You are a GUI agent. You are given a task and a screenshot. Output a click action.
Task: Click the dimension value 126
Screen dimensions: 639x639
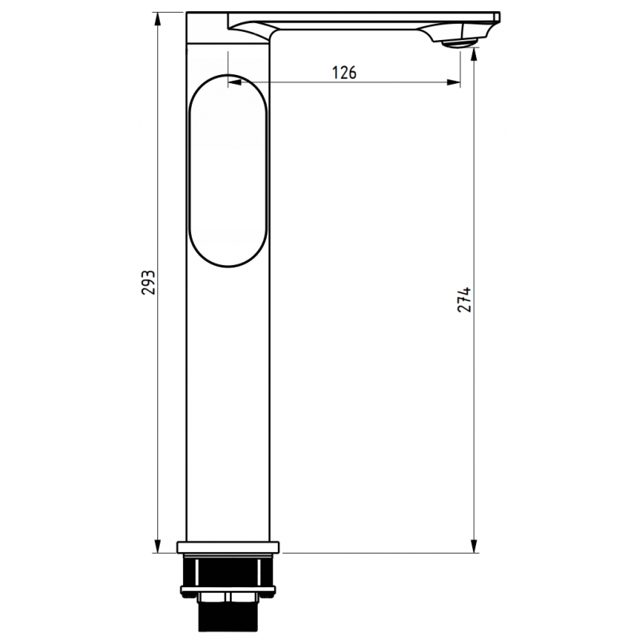pyautogui.click(x=344, y=73)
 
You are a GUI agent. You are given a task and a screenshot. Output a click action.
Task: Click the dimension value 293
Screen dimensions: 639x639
pyautogui.click(x=147, y=283)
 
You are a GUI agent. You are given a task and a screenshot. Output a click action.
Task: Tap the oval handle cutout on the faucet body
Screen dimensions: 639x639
pyautogui.click(x=228, y=169)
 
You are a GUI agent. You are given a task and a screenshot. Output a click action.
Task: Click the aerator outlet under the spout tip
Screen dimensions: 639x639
pyautogui.click(x=457, y=43)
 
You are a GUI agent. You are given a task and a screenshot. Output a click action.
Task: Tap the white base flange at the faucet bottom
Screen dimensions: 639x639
pyautogui.click(x=228, y=547)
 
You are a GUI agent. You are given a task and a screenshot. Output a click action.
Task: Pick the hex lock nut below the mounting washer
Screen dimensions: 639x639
pyautogui.click(x=228, y=599)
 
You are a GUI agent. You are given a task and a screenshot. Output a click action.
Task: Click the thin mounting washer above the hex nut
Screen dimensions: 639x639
pyautogui.click(x=228, y=590)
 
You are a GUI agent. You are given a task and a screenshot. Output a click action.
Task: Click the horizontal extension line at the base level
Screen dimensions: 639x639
pyautogui.click(x=375, y=552)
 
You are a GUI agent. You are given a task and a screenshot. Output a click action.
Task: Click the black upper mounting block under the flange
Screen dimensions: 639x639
pyautogui.click(x=228, y=571)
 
